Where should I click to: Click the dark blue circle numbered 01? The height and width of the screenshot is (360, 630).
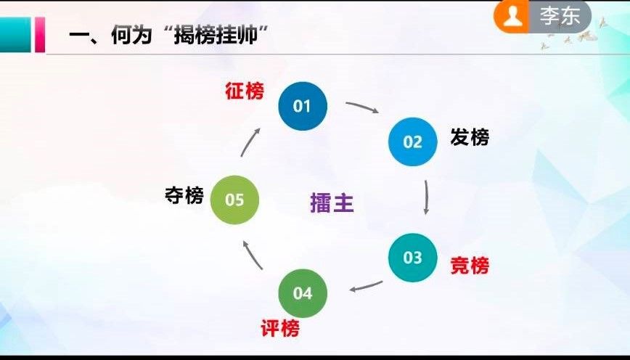303,106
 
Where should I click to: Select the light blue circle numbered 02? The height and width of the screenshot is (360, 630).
413,142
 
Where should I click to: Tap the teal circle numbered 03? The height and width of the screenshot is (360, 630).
413,258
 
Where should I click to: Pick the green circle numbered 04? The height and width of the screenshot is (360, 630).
303,293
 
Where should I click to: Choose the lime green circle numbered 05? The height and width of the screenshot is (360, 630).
234,200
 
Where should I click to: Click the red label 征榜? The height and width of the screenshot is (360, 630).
245,91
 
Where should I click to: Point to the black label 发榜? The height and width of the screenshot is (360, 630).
470,137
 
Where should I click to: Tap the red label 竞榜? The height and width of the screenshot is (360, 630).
470,266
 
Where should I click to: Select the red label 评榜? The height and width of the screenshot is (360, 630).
280,329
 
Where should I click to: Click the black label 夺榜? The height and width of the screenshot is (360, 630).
184,196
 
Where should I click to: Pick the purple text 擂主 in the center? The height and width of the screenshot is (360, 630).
332,203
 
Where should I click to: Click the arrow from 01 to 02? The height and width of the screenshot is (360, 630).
362,106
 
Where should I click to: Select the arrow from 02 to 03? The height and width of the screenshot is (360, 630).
427,197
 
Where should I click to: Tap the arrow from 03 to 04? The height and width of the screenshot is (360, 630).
366,287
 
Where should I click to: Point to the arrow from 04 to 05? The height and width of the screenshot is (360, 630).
252,255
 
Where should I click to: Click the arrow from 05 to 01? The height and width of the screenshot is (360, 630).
249,142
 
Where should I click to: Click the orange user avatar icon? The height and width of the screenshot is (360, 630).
512,17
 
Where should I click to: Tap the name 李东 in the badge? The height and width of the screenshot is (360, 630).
560,16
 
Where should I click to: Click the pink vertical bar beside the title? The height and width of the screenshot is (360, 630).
40,35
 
